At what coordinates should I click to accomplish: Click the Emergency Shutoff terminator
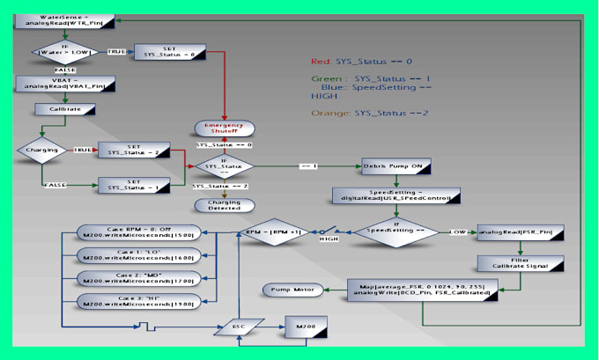pyautogui.click(x=224, y=128)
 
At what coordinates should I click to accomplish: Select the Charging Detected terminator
pyautogui.click(x=224, y=205)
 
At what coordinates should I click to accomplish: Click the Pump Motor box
pyautogui.click(x=291, y=289)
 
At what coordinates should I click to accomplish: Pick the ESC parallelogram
pyautogui.click(x=239, y=325)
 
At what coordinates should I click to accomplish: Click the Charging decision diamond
pyautogui.click(x=41, y=150)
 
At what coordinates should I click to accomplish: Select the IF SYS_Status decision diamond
pyautogui.click(x=223, y=165)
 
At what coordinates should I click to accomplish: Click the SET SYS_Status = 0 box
pyautogui.click(x=169, y=51)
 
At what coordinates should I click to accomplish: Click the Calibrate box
pyautogui.click(x=58, y=109)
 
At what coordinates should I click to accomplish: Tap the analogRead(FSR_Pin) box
pyautogui.click(x=520, y=232)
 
